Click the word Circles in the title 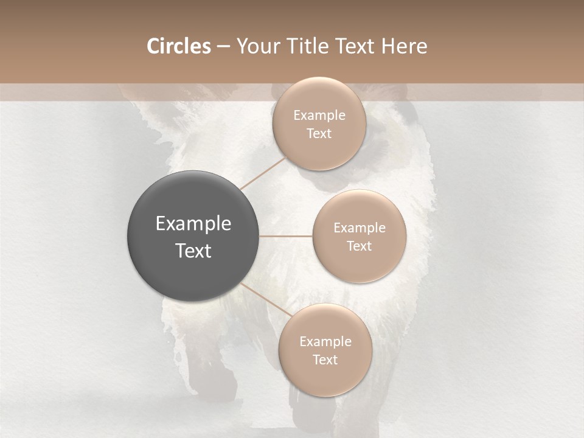[178, 46]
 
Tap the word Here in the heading [405, 46]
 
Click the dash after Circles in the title [223, 47]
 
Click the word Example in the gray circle [193, 224]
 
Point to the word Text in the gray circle [193, 251]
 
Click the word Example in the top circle [319, 116]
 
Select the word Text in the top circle [319, 134]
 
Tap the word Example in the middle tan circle [360, 228]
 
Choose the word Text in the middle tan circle [360, 246]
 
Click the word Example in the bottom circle [325, 342]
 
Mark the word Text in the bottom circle [325, 360]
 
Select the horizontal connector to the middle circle [285, 236]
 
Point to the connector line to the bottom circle [265, 301]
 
